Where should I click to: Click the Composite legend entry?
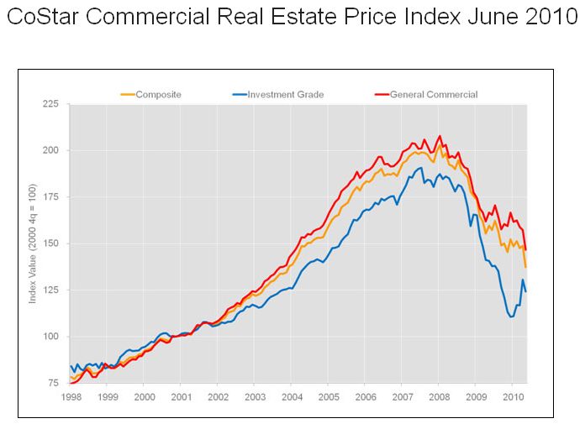click(159, 95)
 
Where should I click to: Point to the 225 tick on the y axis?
click(50, 104)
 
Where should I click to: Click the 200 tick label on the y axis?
click(50, 150)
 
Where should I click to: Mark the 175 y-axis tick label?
click(50, 197)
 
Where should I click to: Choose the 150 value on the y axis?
click(50, 243)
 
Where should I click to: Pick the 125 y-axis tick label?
click(50, 290)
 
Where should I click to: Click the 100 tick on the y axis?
click(50, 337)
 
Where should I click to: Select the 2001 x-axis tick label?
click(181, 395)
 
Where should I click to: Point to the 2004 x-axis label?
click(292, 395)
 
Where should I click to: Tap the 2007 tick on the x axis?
click(402, 395)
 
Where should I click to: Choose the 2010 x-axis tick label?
click(512, 395)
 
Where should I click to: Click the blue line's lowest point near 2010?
click(511, 317)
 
